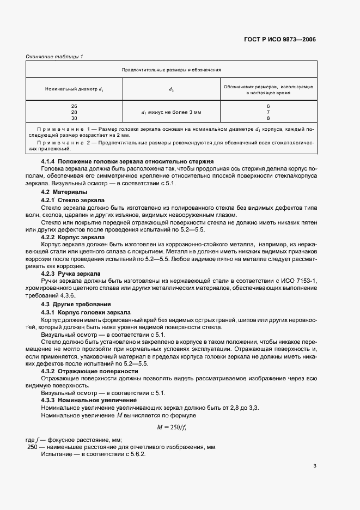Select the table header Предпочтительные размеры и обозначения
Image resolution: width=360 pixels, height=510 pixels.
tap(171, 70)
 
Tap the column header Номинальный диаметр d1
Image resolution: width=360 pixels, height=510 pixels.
tap(74, 89)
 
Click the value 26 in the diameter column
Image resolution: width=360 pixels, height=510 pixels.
tap(74, 105)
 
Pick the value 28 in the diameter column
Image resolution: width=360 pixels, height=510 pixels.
tap(74, 111)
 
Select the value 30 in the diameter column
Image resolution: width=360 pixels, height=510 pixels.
tap(74, 118)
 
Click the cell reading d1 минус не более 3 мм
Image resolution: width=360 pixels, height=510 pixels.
tap(171, 112)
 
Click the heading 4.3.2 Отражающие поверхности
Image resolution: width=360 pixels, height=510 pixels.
tap(90, 371)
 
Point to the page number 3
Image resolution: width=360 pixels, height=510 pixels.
tap(315, 465)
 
